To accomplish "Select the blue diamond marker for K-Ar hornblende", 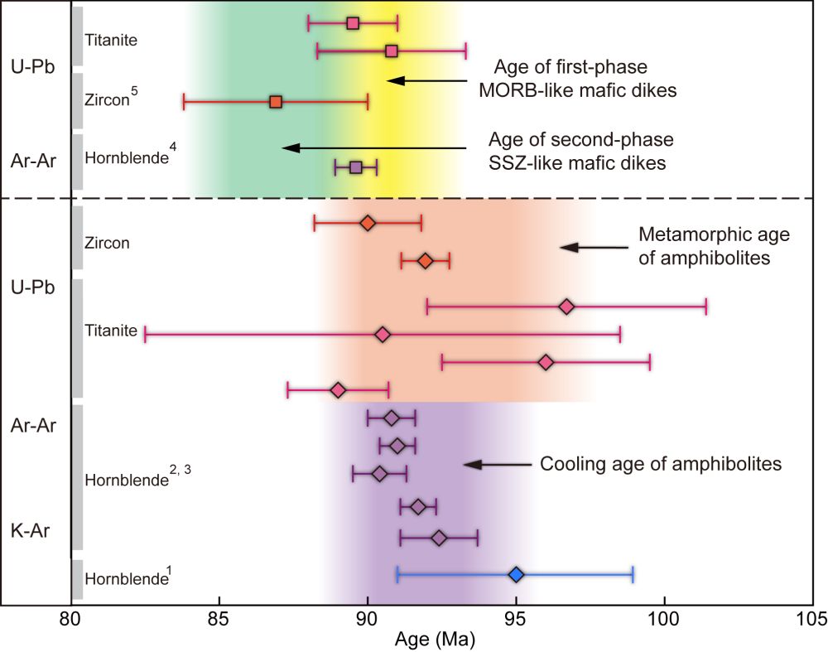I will click(x=516, y=574).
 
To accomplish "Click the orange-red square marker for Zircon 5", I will click(x=276, y=102).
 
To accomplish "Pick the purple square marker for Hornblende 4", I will click(x=355, y=167).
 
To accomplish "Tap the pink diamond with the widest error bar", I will click(x=383, y=335).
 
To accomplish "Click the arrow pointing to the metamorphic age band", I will click(x=584, y=247).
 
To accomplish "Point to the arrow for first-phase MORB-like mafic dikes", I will click(x=427, y=80).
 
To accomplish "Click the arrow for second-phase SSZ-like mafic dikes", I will click(x=373, y=148).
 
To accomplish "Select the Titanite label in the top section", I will click(x=110, y=39).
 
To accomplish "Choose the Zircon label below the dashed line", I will click(x=107, y=244).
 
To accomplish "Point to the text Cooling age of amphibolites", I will click(x=661, y=464).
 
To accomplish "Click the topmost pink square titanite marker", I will click(x=353, y=23).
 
